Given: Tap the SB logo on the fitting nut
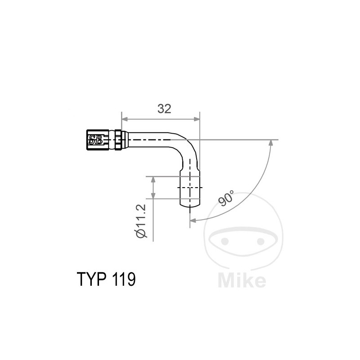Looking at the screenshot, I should click(x=96, y=139).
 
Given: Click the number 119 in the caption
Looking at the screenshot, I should click(x=121, y=279).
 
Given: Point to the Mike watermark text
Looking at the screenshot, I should click(x=242, y=281).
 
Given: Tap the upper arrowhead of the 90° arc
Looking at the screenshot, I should click(x=271, y=143).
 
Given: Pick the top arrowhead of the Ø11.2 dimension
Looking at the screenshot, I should click(x=154, y=180).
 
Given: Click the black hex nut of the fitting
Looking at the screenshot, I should click(x=96, y=139).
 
